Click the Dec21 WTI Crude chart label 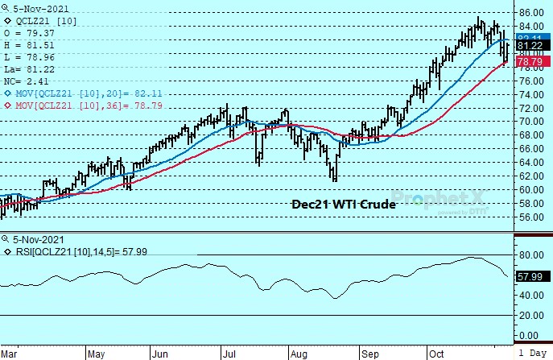343,205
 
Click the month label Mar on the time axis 10,353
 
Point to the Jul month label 229,353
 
